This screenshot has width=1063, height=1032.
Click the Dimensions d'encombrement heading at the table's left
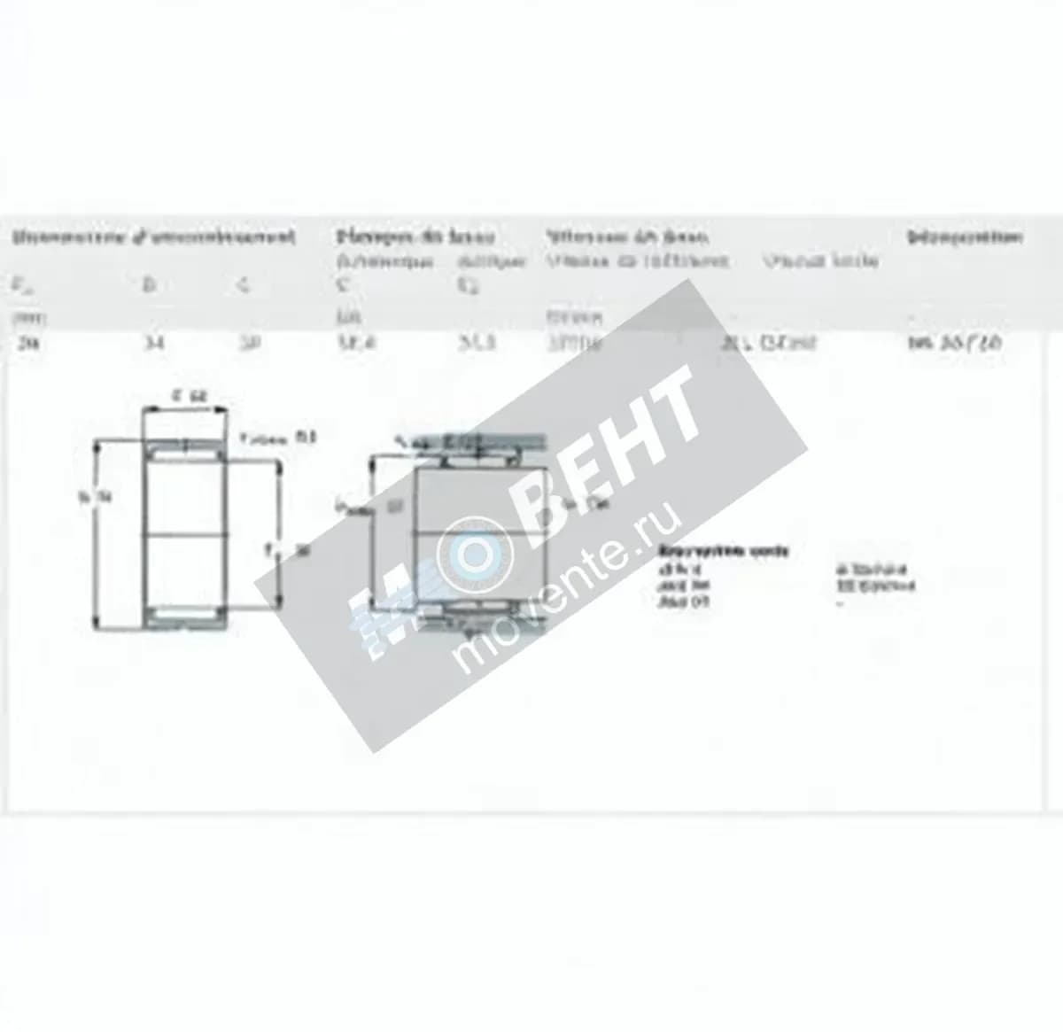pos(153,237)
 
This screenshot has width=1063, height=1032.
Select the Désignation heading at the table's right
pos(965,237)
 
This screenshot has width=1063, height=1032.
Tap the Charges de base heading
pos(415,237)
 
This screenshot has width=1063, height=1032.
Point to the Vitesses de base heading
pos(626,237)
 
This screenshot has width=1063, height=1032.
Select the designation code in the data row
pos(955,343)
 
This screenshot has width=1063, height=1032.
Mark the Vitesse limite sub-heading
pos(820,260)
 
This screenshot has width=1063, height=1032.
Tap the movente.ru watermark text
pos(567,585)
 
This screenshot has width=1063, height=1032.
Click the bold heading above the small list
pos(723,551)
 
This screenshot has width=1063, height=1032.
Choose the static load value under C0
pos(477,343)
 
